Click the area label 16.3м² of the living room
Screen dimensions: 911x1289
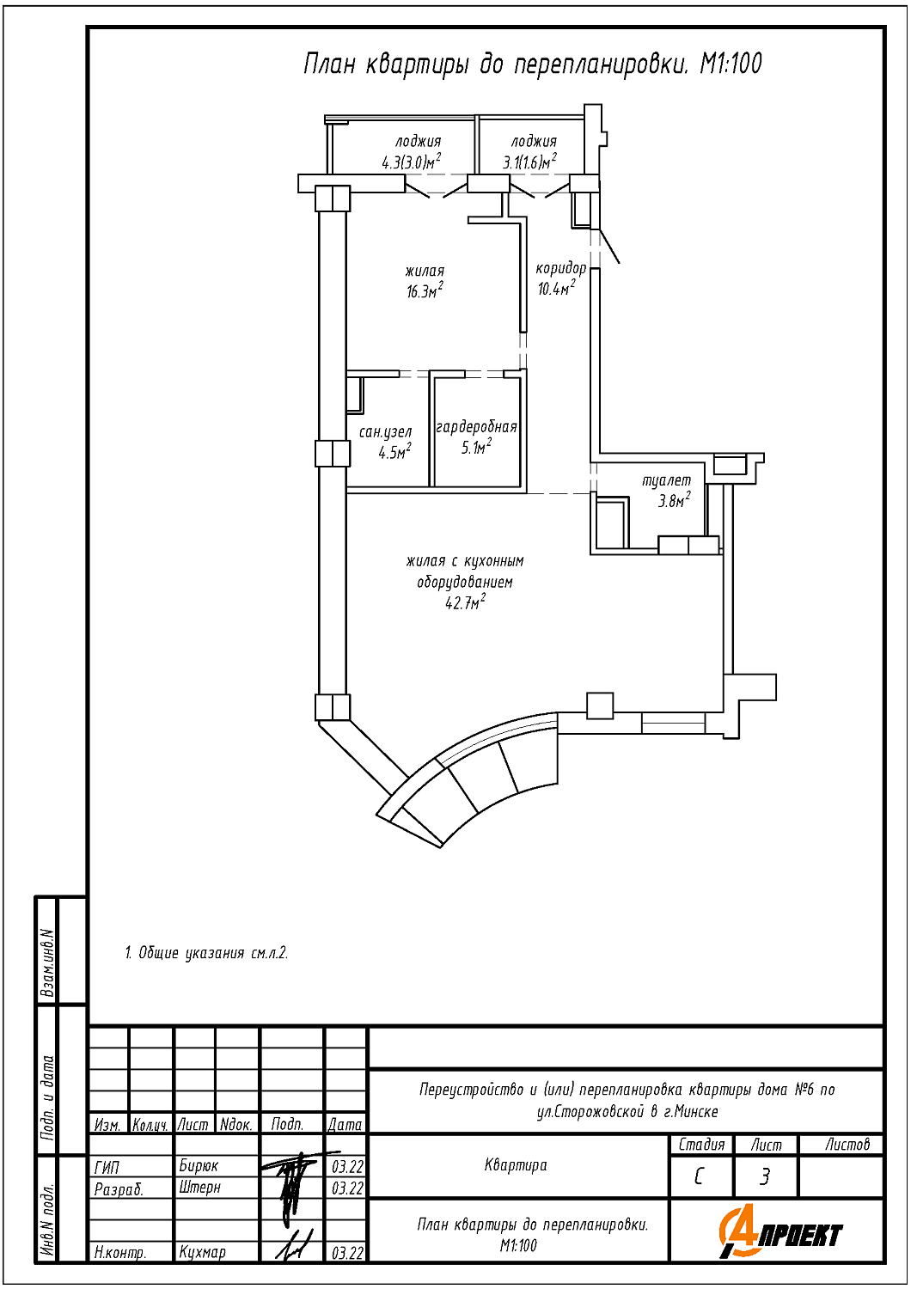pos(425,291)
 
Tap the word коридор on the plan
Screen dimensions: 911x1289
pos(560,269)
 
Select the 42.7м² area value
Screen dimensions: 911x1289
pos(465,602)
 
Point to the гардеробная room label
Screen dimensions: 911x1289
pos(476,427)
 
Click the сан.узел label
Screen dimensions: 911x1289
pos(385,431)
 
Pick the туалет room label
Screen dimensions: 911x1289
pos(666,480)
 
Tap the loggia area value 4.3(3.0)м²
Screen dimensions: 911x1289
pos(411,162)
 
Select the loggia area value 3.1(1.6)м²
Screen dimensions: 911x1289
pos(529,162)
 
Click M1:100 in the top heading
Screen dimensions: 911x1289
pos(731,64)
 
